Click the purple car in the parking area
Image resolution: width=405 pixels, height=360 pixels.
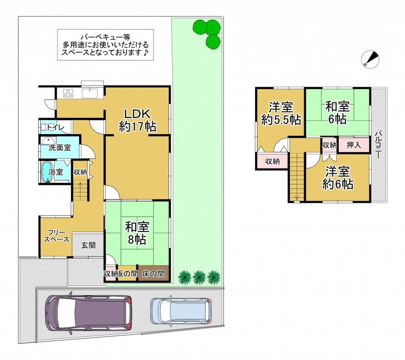pyautogui.click(x=89, y=313)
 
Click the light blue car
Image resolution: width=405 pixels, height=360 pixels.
pyautogui.click(x=181, y=311)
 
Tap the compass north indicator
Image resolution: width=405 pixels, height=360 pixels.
pyautogui.click(x=370, y=59)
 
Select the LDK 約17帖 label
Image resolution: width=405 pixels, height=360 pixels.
pyautogui.click(x=137, y=120)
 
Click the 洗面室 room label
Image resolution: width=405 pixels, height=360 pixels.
pyautogui.click(x=60, y=148)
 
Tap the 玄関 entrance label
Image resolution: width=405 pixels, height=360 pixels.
pyautogui.click(x=88, y=245)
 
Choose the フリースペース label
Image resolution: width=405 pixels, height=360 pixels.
pyautogui.click(x=56, y=236)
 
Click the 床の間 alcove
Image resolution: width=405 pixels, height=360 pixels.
pyautogui.click(x=153, y=274)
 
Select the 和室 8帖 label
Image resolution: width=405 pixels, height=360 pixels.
pyautogui.click(x=137, y=233)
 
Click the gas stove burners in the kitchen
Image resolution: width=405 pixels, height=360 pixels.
pyautogui.click(x=68, y=93)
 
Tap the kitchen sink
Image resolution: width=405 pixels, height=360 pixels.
pyautogui.click(x=90, y=93)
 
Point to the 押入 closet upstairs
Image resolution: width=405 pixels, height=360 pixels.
pyautogui.click(x=353, y=145)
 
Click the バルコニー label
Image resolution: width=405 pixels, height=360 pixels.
pyautogui.click(x=378, y=145)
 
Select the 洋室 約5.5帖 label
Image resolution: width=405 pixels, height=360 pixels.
pyautogui.click(x=281, y=113)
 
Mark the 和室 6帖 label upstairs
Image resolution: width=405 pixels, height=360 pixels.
pyautogui.click(x=337, y=112)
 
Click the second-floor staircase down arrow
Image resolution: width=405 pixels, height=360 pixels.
pyautogui.click(x=297, y=197)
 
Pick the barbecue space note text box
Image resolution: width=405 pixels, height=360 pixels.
pyautogui.click(x=105, y=45)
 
